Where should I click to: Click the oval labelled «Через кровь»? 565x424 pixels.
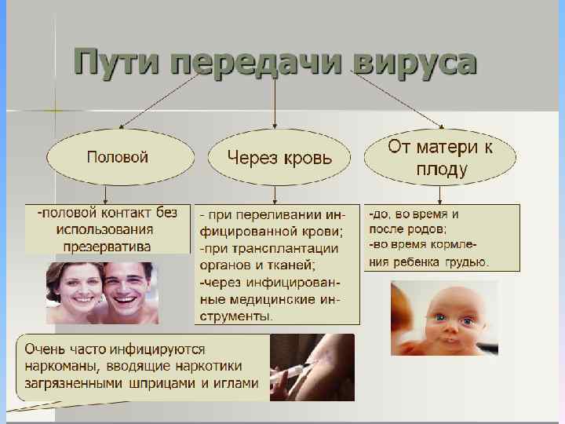click(279, 157)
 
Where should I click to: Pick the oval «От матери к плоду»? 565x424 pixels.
click(440, 157)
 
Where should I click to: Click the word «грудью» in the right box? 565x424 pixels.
click(465, 261)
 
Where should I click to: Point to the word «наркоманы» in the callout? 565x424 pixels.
click(57, 365)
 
